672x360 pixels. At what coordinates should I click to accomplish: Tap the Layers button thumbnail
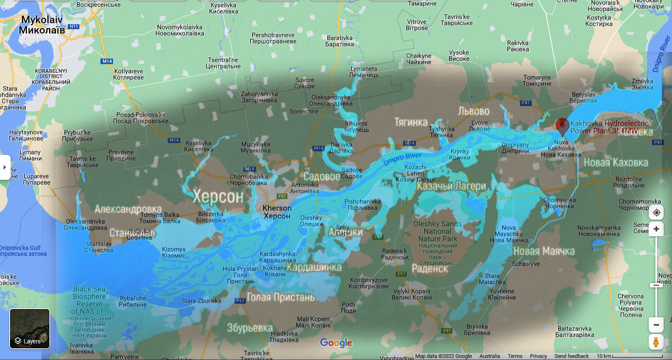click(x=29, y=328)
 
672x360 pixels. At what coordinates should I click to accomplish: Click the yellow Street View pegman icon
click(x=656, y=342)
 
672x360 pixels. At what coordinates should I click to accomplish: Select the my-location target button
click(x=656, y=213)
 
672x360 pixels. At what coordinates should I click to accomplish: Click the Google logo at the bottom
click(x=336, y=343)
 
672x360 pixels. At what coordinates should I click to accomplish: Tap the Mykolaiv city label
click(x=42, y=25)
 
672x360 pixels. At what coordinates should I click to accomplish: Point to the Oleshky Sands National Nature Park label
click(x=437, y=231)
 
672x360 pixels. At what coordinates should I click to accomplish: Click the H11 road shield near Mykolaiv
click(x=74, y=26)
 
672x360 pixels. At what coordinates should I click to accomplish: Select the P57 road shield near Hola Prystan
click(x=240, y=301)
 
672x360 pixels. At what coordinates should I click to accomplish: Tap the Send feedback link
click(x=571, y=356)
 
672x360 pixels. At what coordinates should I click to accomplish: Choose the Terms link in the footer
click(x=515, y=356)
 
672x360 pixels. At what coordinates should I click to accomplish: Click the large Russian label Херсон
click(x=218, y=197)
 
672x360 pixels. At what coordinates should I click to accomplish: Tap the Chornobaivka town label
click(x=248, y=179)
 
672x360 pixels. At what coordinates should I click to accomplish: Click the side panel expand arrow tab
click(x=5, y=167)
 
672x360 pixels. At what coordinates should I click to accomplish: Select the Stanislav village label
click(x=99, y=247)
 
